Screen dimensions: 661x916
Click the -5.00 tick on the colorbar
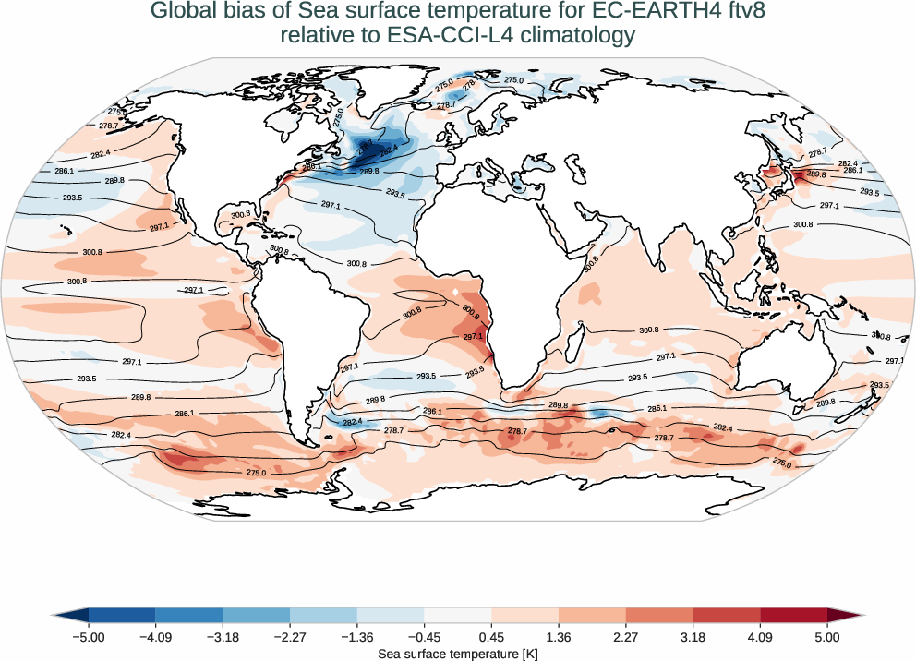click(x=90, y=637)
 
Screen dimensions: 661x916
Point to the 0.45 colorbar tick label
click(x=491, y=637)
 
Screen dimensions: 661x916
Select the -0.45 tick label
click(x=423, y=637)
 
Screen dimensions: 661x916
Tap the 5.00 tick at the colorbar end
click(x=827, y=637)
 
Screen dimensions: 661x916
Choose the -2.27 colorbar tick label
click(x=289, y=637)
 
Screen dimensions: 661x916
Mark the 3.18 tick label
click(x=693, y=637)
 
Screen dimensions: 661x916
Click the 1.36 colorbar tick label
click(x=559, y=637)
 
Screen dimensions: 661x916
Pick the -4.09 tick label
click(x=155, y=637)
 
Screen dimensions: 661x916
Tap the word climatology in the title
click(x=572, y=36)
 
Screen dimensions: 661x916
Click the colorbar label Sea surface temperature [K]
click(x=458, y=654)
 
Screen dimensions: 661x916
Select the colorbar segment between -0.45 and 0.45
click(x=457, y=615)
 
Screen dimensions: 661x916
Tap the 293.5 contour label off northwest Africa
click(x=395, y=194)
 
